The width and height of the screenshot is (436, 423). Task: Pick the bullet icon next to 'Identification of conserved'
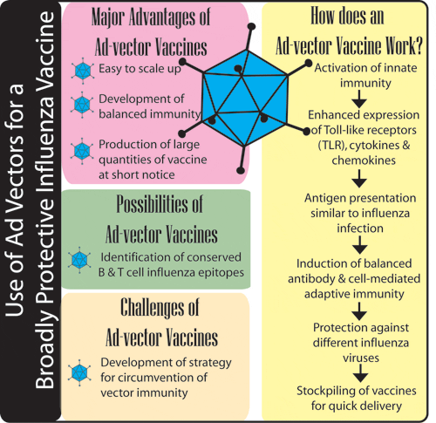(84, 259)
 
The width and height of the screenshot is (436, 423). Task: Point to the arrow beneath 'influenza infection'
(358, 246)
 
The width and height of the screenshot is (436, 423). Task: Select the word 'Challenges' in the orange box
(142, 311)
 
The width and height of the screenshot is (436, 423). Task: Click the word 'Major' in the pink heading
(111, 16)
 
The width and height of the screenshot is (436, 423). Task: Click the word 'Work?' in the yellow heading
(399, 43)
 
